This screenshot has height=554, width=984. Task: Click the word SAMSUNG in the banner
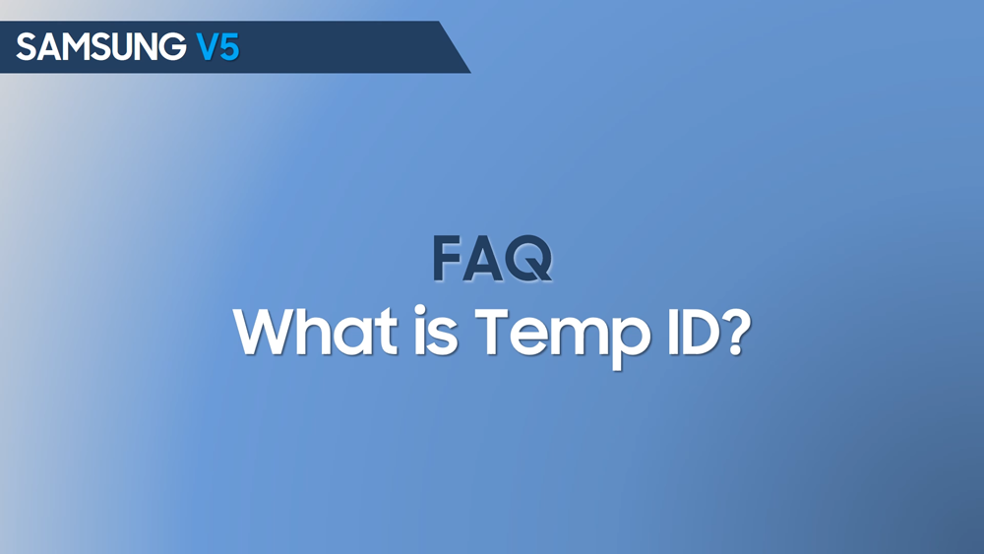click(x=101, y=47)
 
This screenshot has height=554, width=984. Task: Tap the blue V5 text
click(x=217, y=47)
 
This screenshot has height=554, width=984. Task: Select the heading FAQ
click(x=493, y=259)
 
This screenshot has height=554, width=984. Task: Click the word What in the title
click(x=316, y=332)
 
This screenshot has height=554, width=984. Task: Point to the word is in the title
click(x=436, y=332)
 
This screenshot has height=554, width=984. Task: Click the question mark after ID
click(x=735, y=332)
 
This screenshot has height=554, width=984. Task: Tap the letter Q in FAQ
click(x=528, y=259)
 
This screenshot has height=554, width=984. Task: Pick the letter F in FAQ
click(x=446, y=259)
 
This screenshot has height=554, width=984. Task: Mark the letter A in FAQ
click(x=482, y=259)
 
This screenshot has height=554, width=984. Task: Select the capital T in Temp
click(x=495, y=332)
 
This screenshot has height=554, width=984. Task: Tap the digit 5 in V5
click(x=229, y=47)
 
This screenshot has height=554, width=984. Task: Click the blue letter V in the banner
click(x=208, y=47)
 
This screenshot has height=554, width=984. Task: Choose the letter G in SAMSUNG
click(x=174, y=47)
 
